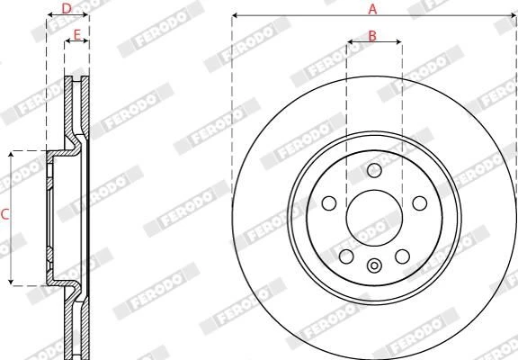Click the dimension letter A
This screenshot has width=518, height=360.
pos(372,9)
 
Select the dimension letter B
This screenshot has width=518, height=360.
pos(372,36)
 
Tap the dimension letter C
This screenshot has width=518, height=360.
pos(4,214)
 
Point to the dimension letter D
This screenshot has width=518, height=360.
pos(67,9)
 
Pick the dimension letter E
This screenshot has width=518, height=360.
pos(76,35)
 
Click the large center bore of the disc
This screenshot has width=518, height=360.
pos(374,218)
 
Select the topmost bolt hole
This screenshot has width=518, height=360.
pos(374,170)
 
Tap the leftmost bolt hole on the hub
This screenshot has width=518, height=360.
pos(329,203)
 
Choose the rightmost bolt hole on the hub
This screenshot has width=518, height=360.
pos(420,203)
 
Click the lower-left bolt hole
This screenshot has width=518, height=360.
pos(346,256)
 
